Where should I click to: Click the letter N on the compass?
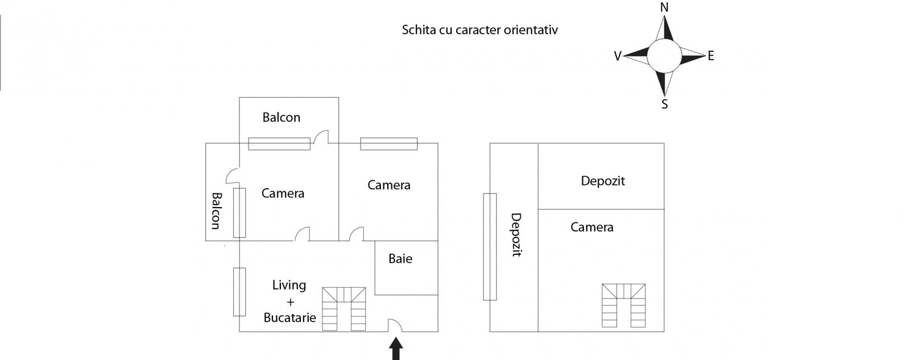[664, 7]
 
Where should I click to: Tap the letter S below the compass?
[664, 104]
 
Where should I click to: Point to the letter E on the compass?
[711, 56]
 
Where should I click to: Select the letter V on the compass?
[618, 56]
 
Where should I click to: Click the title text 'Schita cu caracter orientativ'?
[479, 30]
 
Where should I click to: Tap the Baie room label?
[400, 259]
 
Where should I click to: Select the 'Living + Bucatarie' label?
[289, 301]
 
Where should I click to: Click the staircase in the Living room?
[344, 309]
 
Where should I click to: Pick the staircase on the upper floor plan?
[624, 306]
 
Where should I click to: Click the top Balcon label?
[281, 118]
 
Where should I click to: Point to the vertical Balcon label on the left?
[216, 210]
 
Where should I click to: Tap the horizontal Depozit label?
[603, 181]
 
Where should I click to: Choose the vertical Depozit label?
[516, 235]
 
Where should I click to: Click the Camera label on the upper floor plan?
[592, 227]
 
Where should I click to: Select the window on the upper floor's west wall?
[490, 247]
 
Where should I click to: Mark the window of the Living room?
[239, 292]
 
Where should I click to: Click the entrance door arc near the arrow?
[395, 325]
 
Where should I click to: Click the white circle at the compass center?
[664, 56]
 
